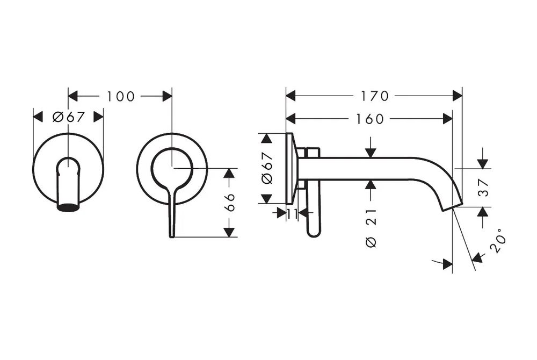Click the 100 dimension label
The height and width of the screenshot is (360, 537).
(x=121, y=97)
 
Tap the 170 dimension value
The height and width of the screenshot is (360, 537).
(x=375, y=96)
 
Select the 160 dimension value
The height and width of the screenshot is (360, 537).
(x=370, y=119)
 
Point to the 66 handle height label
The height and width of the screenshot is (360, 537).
(x=230, y=202)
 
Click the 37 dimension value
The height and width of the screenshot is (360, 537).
(x=483, y=188)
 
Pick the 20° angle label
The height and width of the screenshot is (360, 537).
(x=498, y=241)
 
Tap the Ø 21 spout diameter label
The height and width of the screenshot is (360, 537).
(x=371, y=228)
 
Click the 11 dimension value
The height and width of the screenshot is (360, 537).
(x=292, y=214)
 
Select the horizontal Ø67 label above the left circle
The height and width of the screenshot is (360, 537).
(x=69, y=117)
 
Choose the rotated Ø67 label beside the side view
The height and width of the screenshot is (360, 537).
(x=267, y=168)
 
